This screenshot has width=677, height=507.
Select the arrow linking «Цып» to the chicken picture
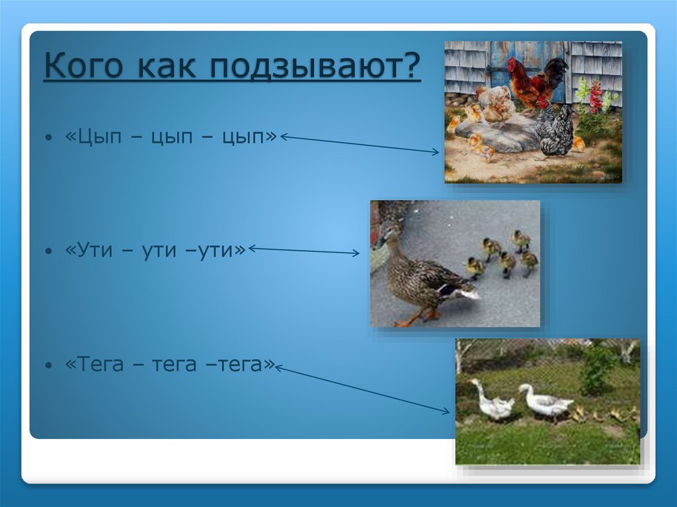tap(360, 145)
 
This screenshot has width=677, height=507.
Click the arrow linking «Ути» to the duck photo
tap(304, 251)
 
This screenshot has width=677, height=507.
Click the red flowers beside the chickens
tap(596, 96)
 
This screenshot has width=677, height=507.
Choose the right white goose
tap(545, 401)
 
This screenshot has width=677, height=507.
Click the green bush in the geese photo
tap(597, 370)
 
